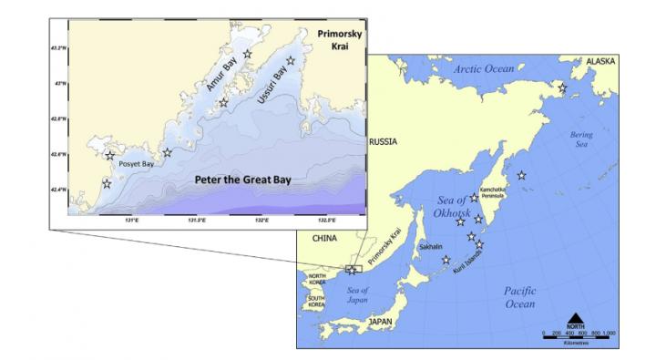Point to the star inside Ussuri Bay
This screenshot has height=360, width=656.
(x=291, y=61)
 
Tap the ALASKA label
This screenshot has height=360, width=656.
(x=600, y=61)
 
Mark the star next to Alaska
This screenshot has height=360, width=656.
(x=563, y=88)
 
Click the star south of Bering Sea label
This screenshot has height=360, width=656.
(x=521, y=176)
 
